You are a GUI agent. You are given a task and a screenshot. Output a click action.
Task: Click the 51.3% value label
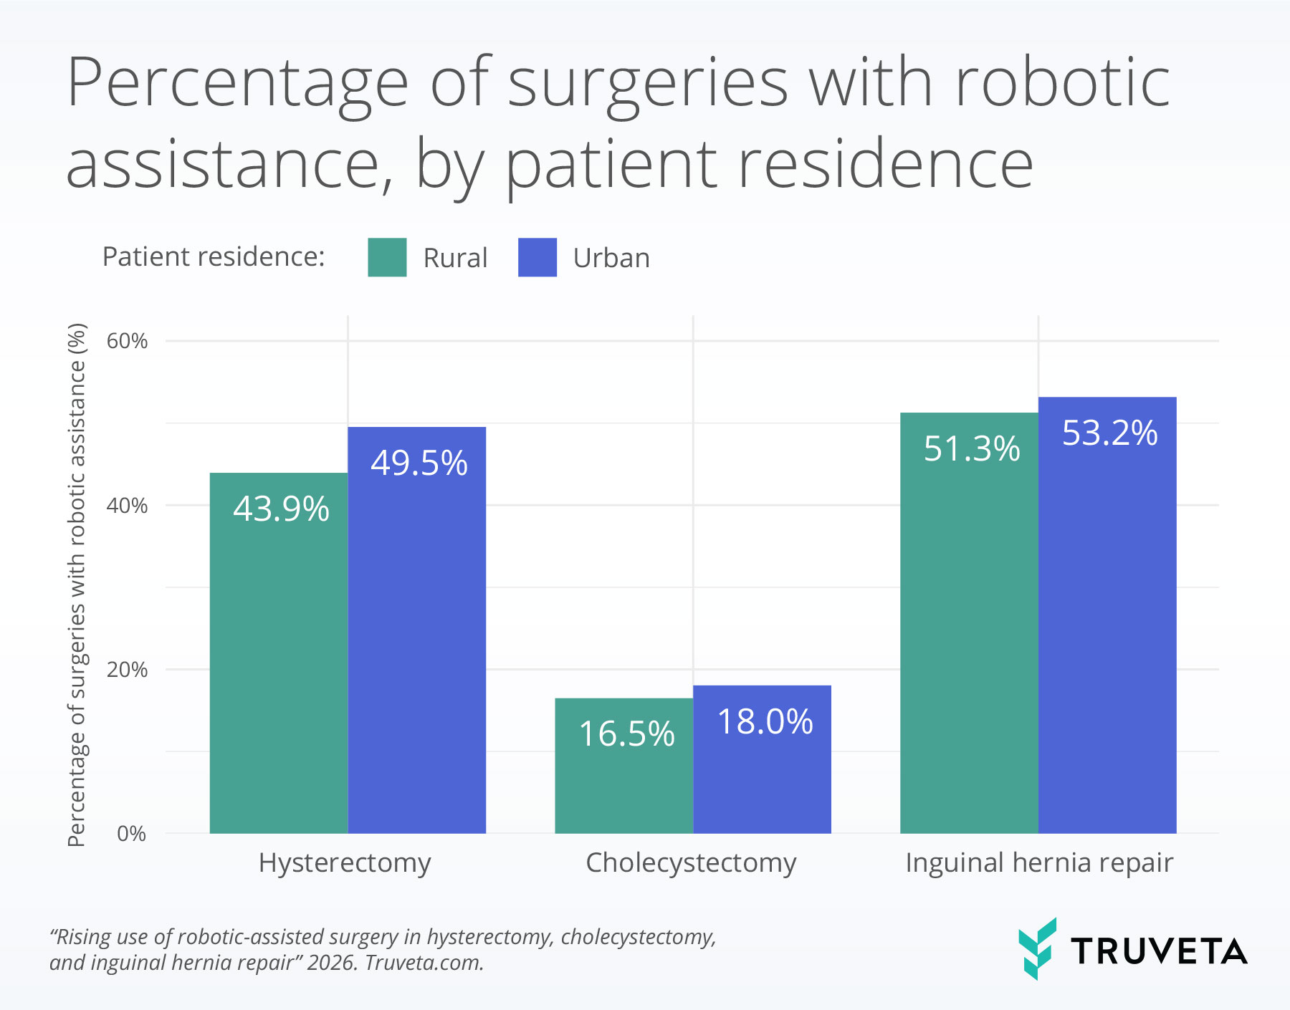click(971, 449)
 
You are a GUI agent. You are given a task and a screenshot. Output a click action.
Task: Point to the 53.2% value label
click(1109, 433)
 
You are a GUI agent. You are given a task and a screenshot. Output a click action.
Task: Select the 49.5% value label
click(419, 463)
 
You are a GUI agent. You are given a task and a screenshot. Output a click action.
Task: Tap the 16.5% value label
click(626, 734)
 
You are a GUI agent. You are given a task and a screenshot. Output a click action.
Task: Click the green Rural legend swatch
click(387, 257)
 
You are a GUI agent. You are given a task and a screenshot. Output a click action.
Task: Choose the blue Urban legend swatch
click(537, 257)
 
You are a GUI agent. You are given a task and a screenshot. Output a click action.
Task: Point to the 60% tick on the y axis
click(127, 341)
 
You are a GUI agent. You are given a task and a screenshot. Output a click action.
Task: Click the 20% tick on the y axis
click(127, 670)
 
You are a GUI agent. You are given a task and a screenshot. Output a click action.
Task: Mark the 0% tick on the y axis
click(131, 834)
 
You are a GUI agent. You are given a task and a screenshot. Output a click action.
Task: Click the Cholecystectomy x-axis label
click(691, 863)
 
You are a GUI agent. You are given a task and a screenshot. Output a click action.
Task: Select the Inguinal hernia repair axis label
click(1039, 863)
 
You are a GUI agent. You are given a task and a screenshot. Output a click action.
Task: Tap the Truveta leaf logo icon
click(1037, 948)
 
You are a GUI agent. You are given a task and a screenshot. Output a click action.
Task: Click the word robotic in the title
click(1063, 84)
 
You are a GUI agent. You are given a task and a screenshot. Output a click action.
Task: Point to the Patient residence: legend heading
click(214, 257)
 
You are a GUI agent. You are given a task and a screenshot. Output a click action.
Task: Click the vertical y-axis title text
click(77, 584)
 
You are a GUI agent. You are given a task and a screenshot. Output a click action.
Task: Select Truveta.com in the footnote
click(424, 963)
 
